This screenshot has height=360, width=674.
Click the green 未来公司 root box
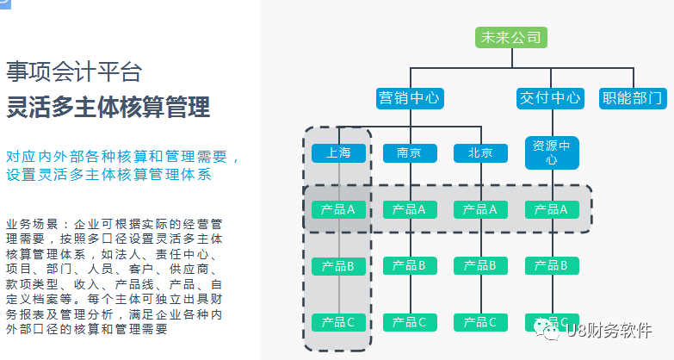pos(511,37)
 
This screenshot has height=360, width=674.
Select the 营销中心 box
pos(410,98)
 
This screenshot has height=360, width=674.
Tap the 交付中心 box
pos(550,98)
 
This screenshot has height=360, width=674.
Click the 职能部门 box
pos(633,98)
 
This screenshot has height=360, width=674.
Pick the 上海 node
pos(338,153)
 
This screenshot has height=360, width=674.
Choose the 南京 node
pos(410,153)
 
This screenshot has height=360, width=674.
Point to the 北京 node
pos(480,153)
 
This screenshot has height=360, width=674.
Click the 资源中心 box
pos(552,152)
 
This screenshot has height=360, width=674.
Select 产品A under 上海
pos(338,210)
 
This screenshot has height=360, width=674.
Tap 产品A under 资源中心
pos(552,210)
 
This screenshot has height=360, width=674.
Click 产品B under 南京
pos(410,266)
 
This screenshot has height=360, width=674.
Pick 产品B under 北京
pos(480,266)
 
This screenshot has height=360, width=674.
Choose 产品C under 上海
pos(338,323)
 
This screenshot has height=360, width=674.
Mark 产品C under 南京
pos(410,323)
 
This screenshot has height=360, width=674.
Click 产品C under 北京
pos(480,323)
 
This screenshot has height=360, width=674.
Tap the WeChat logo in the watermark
pos(547,330)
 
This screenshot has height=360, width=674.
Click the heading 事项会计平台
pos(74,71)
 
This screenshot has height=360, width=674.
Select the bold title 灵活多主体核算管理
pos(108,107)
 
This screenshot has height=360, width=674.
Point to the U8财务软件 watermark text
pos(609,331)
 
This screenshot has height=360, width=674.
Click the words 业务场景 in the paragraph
pos(32,224)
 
